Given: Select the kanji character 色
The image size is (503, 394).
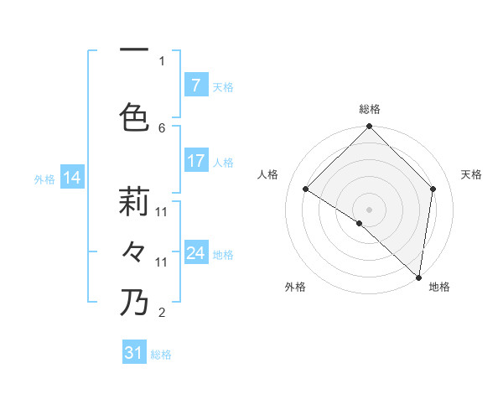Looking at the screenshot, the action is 135,117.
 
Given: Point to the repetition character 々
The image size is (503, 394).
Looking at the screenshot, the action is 135,251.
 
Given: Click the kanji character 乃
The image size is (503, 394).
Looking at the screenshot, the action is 135,302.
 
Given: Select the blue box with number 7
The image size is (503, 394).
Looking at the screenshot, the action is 195,86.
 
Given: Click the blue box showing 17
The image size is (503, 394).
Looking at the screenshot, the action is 195,161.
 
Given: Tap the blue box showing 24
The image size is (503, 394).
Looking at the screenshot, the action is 195,253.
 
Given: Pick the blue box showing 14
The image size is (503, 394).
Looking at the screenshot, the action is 72,178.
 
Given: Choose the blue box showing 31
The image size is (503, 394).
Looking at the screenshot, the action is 134,353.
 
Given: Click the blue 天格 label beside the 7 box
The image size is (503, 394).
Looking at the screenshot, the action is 223,86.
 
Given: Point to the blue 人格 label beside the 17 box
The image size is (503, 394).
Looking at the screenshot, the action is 223,162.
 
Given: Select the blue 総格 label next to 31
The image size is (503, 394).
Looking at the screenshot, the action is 161,354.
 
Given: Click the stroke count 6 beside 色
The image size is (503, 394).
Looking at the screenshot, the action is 162,127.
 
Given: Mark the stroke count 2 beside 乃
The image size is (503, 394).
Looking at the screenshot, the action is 162,313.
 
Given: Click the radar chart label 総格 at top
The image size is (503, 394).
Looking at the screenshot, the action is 369,109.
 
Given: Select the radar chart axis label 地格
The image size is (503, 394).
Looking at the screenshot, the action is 439,287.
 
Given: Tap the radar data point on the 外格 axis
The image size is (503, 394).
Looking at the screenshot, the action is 360,224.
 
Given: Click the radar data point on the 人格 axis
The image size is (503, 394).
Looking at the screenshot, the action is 306,189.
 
